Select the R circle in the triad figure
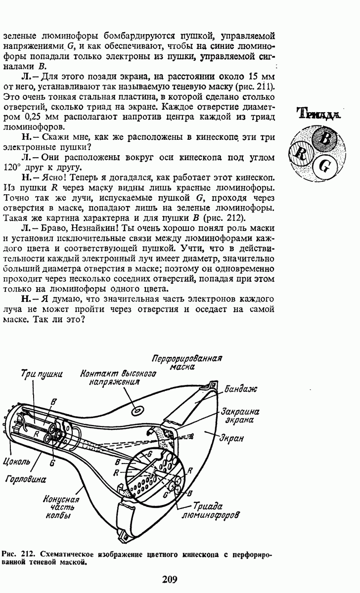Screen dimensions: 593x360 tap(301, 154)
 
